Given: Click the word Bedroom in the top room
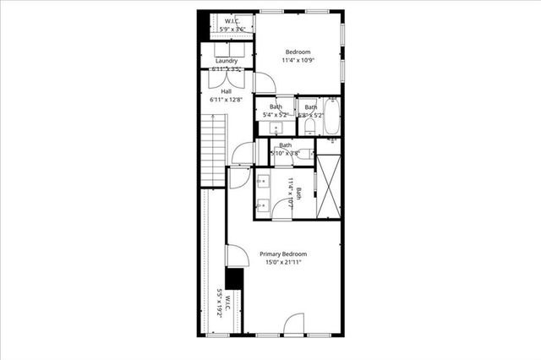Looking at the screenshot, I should click(x=298, y=52).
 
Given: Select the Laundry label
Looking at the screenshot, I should click(x=226, y=61).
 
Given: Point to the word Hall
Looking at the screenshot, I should click(x=226, y=91).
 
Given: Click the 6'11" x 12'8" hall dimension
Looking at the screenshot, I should click(x=226, y=100).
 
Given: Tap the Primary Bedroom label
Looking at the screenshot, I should click(x=282, y=254).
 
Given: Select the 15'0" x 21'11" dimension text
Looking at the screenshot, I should click(x=282, y=263).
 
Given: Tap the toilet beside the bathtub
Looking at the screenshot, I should click(x=309, y=127).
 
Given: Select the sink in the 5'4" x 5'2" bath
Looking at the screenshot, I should click(x=276, y=128).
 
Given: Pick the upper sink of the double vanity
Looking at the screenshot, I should click(x=263, y=180).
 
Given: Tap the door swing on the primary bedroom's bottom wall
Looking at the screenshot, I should click(x=293, y=323).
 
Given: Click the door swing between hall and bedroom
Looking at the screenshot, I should click(x=263, y=82).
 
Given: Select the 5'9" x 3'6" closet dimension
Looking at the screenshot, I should click(x=232, y=30).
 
